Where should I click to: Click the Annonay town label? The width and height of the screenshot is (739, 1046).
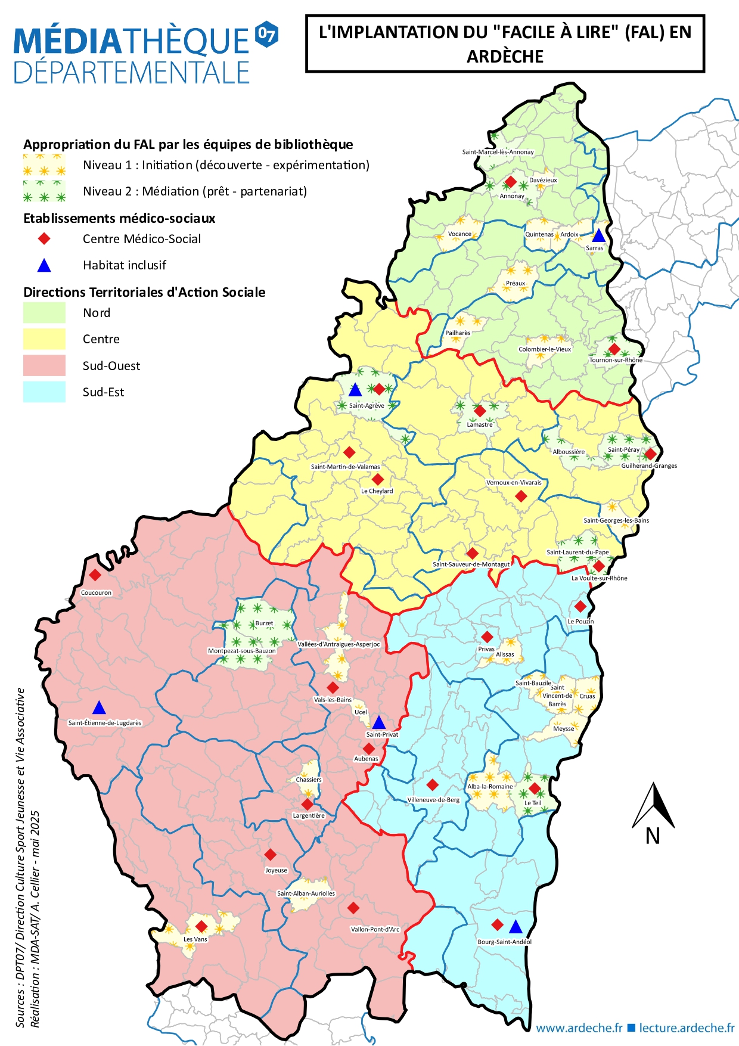click(512, 196)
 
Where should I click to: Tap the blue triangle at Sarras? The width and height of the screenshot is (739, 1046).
click(598, 235)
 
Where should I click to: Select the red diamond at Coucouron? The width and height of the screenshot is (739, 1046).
click(95, 575)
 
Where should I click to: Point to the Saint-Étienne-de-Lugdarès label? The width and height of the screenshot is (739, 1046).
click(105, 723)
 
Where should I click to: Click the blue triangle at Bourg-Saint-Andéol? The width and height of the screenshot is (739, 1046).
click(516, 926)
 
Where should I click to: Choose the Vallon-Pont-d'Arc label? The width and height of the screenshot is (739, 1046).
click(375, 929)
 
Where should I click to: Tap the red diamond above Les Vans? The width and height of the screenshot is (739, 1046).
click(201, 926)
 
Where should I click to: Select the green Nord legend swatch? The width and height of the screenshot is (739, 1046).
click(44, 313)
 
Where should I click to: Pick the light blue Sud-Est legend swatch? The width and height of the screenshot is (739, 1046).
click(44, 392)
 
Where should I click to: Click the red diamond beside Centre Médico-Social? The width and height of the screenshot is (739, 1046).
click(44, 239)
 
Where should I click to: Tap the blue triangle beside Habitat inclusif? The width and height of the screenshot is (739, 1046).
click(44, 265)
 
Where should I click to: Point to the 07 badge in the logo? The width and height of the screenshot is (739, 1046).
click(266, 34)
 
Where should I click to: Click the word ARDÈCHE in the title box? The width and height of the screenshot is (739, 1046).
click(505, 57)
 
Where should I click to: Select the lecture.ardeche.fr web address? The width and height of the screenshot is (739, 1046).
click(687, 1028)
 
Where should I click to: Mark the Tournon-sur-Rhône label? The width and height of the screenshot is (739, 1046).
click(616, 360)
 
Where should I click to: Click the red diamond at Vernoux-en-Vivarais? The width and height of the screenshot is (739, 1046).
click(521, 496)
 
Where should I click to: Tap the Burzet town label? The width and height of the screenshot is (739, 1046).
click(264, 623)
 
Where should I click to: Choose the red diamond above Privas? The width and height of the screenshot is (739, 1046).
click(487, 637)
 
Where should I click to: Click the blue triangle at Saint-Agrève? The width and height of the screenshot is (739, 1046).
click(355, 390)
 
